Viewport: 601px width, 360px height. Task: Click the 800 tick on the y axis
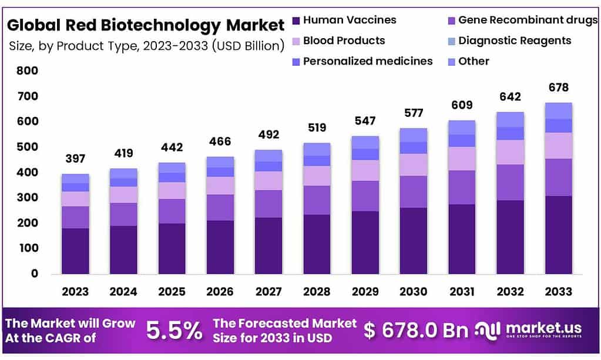point(28,71)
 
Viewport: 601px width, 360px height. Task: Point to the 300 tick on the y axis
point(28,198)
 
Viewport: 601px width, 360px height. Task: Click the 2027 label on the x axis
point(268,292)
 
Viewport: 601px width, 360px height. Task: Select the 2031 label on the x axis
point(462,292)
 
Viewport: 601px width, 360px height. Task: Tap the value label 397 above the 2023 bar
point(75,159)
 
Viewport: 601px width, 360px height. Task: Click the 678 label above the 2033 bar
point(558,88)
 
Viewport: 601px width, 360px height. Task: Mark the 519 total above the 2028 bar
point(317,127)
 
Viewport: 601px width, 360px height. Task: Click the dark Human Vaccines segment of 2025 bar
point(172,248)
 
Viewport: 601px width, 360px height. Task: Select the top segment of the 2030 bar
point(413,135)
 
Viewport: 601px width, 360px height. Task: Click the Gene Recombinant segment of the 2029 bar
point(365,196)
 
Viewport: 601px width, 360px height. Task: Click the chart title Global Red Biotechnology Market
point(145,26)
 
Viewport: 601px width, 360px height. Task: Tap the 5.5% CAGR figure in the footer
point(174,331)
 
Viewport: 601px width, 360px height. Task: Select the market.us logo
point(529,331)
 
